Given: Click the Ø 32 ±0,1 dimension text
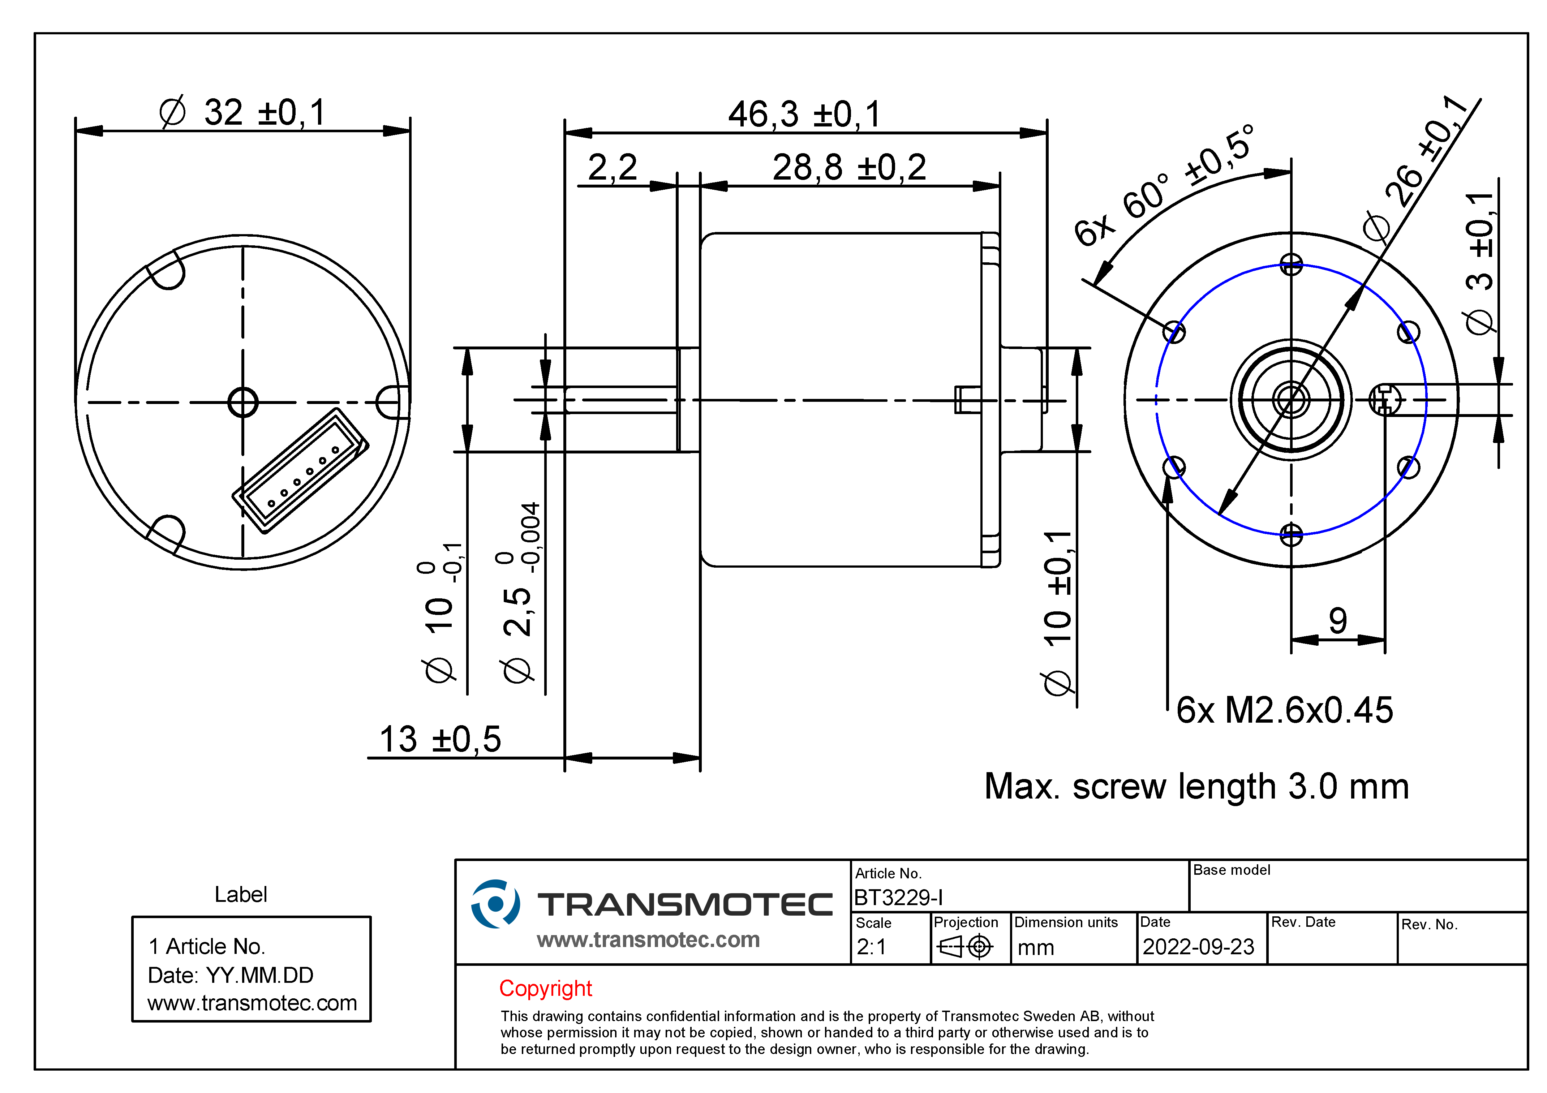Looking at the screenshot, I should [x=242, y=112].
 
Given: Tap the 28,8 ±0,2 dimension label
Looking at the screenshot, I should [x=849, y=167].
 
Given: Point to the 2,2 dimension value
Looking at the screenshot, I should [x=612, y=167].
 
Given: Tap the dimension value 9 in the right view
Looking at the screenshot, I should [x=1337, y=620].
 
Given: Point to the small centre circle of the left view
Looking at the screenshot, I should [x=242, y=402].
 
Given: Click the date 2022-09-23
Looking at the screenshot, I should [x=1198, y=947].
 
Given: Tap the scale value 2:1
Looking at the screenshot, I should [x=871, y=947].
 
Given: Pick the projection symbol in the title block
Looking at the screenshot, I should [x=966, y=947].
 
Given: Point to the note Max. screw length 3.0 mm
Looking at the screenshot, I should [x=1196, y=786].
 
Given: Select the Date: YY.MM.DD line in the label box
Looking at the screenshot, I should [x=231, y=975].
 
